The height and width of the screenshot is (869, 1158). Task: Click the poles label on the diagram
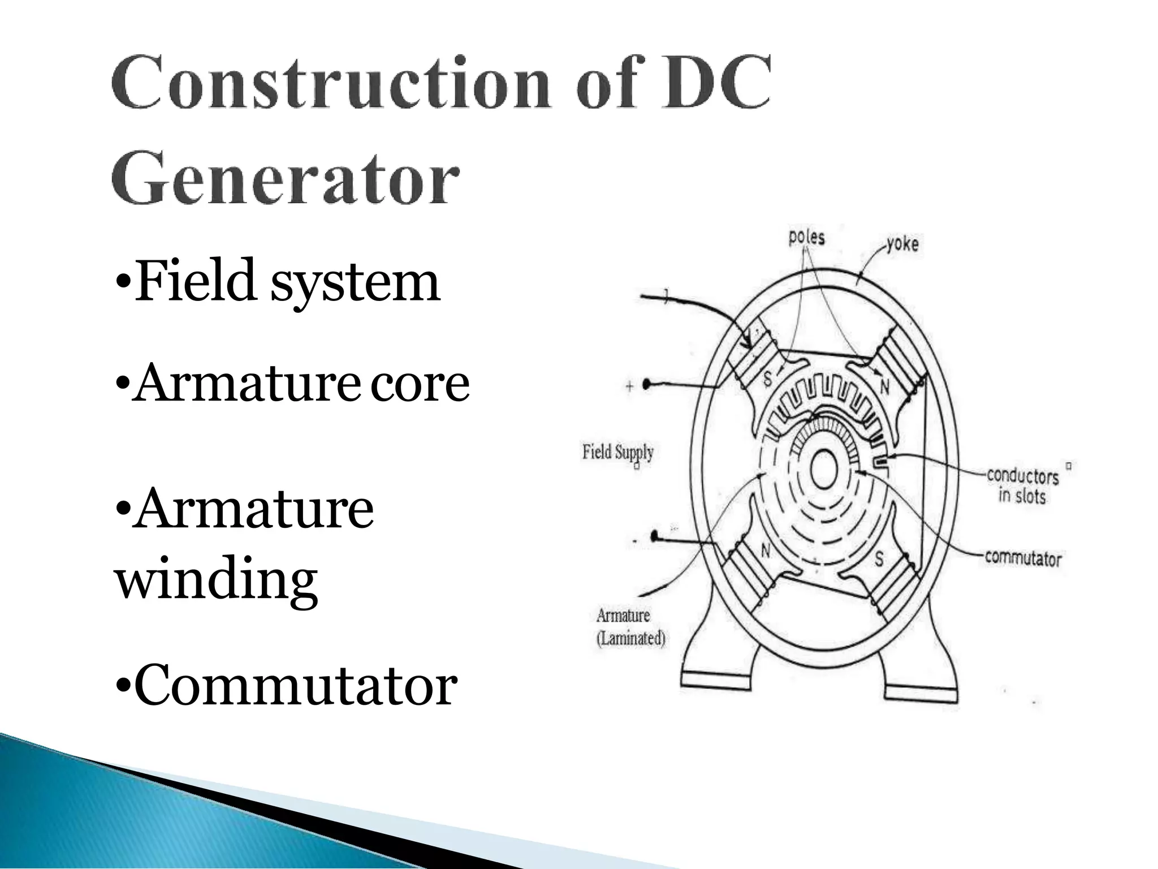point(806,237)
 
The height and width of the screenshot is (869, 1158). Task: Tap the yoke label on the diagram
point(902,244)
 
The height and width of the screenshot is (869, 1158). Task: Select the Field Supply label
point(618,452)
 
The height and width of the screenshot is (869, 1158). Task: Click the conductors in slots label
point(1022,485)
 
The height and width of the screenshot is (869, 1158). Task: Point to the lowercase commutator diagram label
point(1023,558)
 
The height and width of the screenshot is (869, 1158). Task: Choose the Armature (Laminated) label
point(631,627)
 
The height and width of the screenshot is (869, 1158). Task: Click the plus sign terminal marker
point(630,387)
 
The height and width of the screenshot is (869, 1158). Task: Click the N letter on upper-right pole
point(885,386)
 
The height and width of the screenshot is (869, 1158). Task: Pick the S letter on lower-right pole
point(879,559)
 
